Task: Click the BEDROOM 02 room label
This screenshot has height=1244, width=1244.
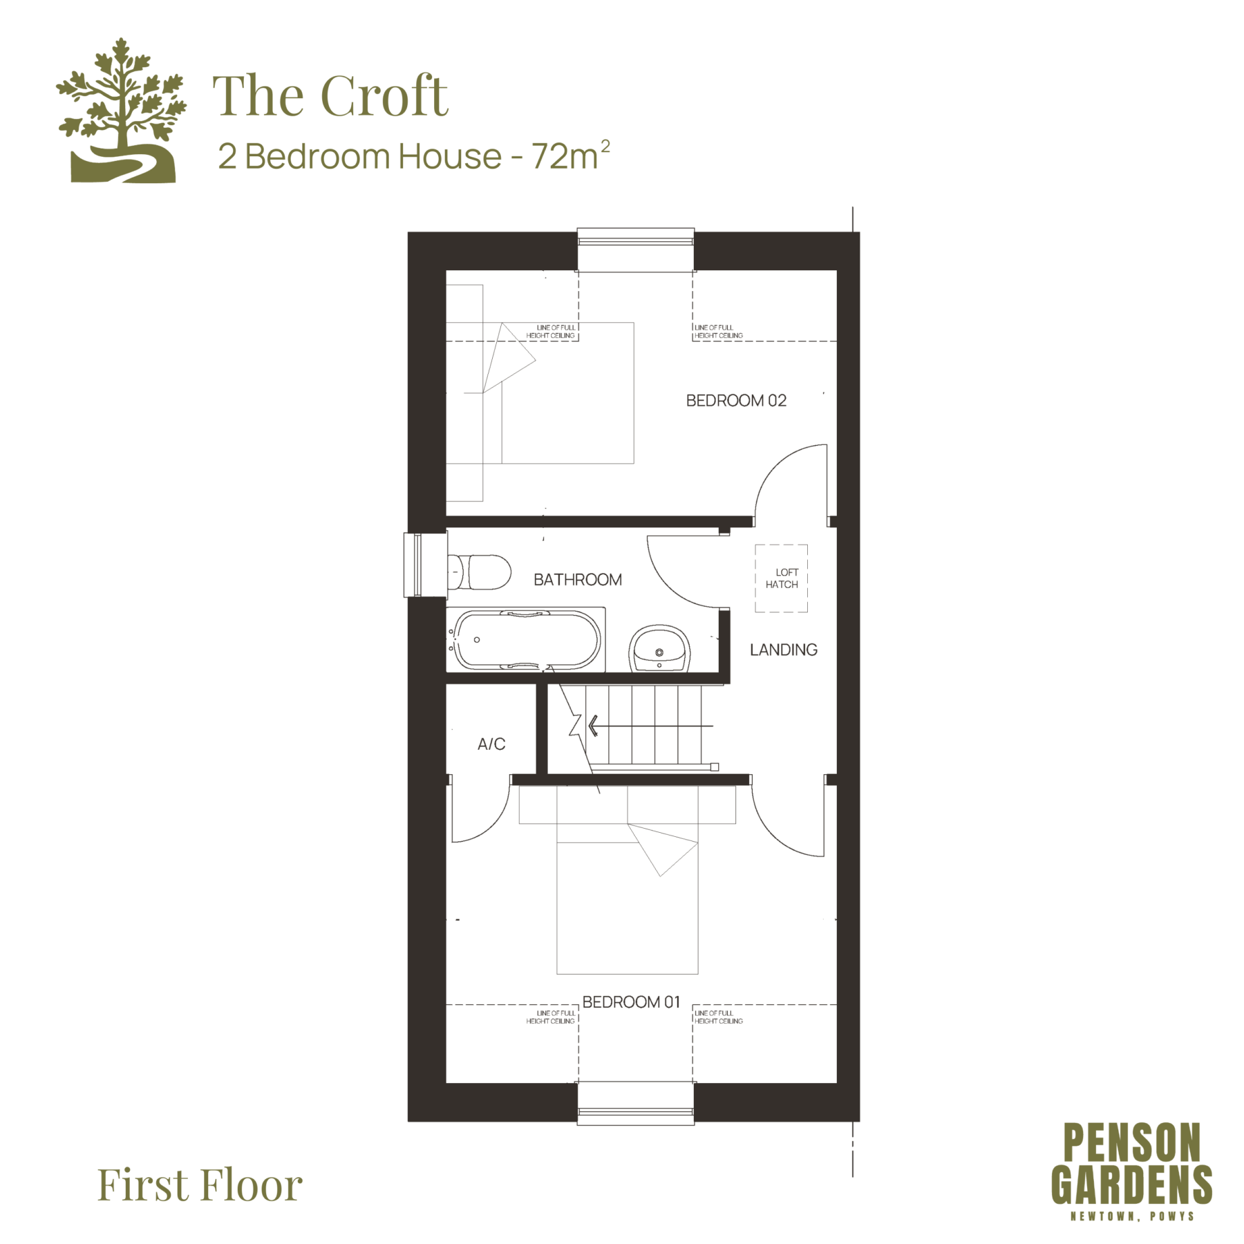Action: (x=736, y=401)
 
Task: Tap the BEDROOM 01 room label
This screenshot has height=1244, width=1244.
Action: (x=631, y=1002)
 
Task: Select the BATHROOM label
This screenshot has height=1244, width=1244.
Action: (x=578, y=580)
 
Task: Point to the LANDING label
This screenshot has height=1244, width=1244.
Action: (x=784, y=650)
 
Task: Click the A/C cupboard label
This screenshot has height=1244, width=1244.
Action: (x=491, y=744)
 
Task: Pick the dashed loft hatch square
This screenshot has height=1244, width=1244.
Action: (x=781, y=578)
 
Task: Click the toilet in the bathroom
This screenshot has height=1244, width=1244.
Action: (x=479, y=572)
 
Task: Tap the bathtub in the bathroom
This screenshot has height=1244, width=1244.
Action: (x=526, y=640)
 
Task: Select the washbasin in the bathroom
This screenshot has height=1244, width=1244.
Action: (x=659, y=648)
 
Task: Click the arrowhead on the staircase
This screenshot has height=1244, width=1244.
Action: (x=592, y=726)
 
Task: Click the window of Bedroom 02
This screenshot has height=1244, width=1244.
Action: (x=636, y=238)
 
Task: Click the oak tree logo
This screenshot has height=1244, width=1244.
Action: (x=122, y=111)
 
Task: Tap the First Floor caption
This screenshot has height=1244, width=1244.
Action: (x=200, y=1185)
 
